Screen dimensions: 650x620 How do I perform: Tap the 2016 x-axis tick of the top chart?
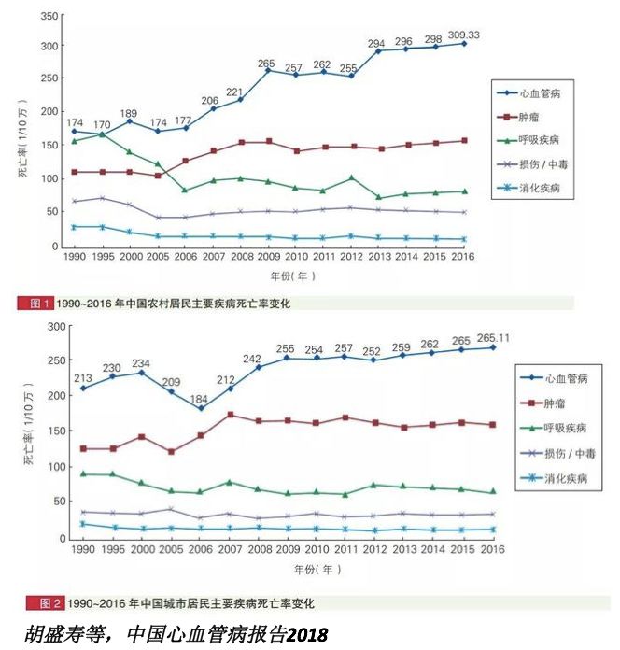464,256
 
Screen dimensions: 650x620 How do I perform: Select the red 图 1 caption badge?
35,303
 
